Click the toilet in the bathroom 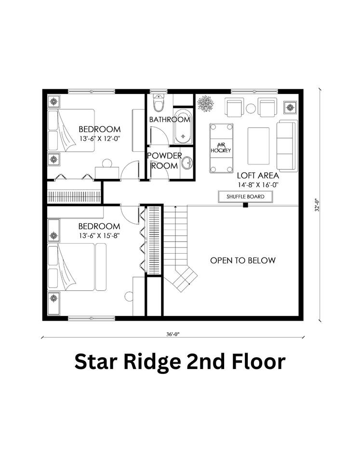click(159, 102)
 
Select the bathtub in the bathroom click(183, 127)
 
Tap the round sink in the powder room click(187, 163)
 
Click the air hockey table click(221, 148)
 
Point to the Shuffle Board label click(245, 197)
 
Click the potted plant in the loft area click(205, 103)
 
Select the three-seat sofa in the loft click(287, 146)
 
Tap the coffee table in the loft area click(258, 146)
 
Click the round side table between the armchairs click(251, 109)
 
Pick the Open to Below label click(243, 260)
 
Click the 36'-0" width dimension click(173, 334)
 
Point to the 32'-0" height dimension click(317, 205)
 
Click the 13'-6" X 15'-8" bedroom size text click(99, 236)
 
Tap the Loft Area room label click(258, 176)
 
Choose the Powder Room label click(164, 161)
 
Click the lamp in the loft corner click(290, 107)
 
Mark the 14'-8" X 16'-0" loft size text click(258, 185)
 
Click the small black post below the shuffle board click(245, 205)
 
